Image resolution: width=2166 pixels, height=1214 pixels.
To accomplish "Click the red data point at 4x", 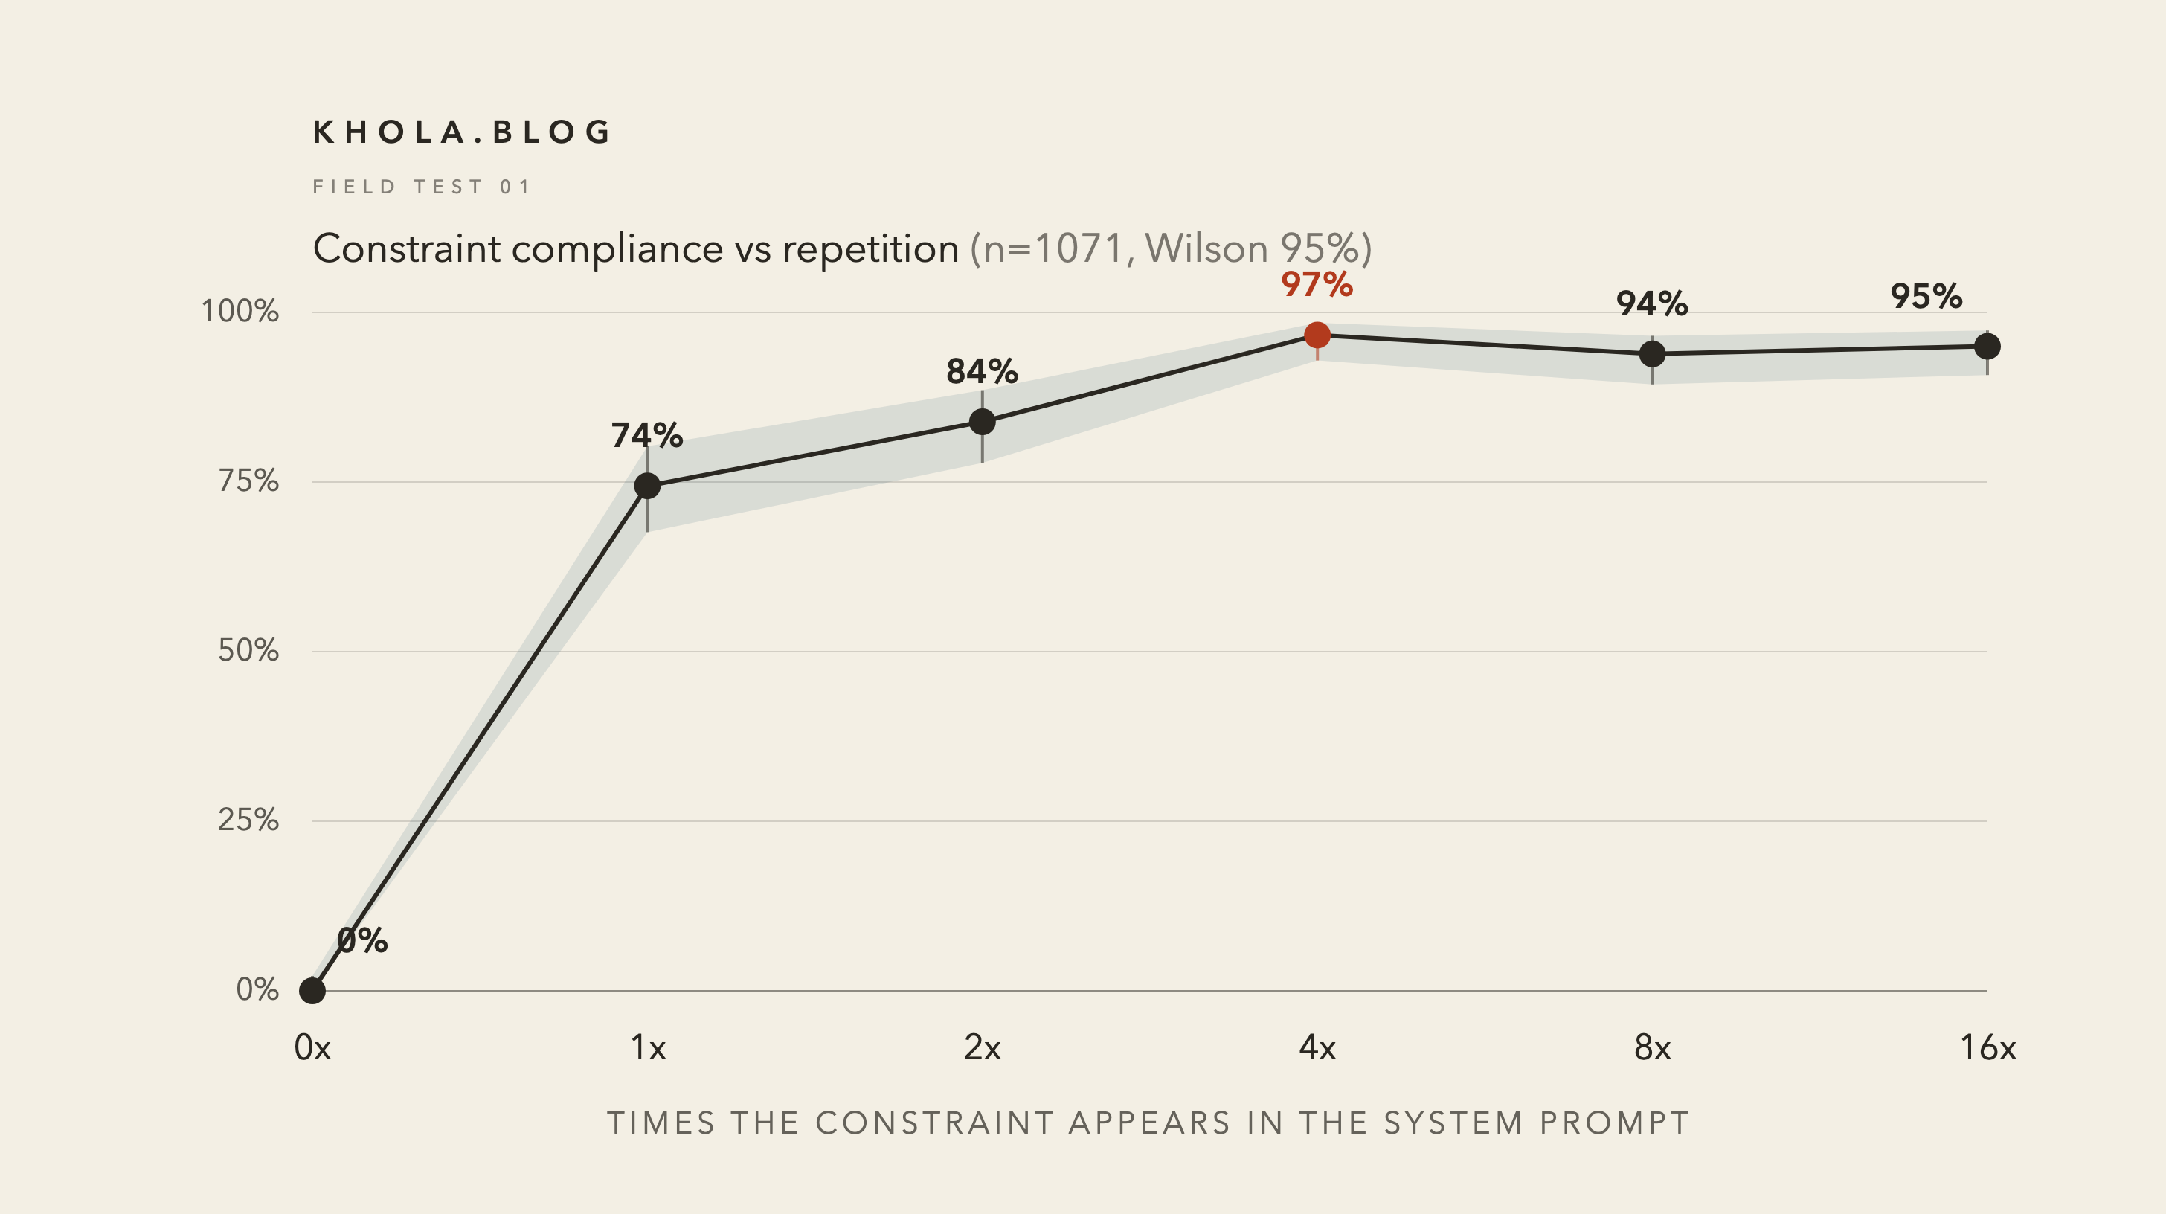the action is click(1317, 335).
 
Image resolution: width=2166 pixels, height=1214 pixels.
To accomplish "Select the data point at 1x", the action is click(646, 486).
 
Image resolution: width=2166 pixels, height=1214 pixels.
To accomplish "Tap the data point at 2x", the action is click(982, 421).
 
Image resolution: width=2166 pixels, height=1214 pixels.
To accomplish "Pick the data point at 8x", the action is click(1652, 354).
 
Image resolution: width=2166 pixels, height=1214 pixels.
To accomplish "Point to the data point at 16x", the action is click(1987, 347).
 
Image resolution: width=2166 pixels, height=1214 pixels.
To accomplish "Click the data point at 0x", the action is click(312, 990).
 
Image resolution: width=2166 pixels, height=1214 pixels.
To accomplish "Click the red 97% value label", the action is click(1317, 284).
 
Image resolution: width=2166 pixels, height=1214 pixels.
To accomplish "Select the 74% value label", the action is click(646, 435).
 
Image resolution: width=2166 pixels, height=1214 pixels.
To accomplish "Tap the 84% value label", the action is click(982, 370).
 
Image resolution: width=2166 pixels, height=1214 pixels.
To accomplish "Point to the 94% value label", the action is click(1652, 303).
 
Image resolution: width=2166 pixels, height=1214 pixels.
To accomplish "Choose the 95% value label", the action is click(1926, 296).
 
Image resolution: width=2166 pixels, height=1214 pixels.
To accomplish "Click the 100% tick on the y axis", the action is click(240, 311).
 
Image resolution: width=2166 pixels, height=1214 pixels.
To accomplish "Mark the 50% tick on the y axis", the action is click(248, 650).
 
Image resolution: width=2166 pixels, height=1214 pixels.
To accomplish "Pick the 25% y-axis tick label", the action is click(248, 820).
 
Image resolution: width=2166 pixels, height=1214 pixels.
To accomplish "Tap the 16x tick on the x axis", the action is click(1987, 1047).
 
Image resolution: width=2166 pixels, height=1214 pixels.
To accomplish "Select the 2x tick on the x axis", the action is click(982, 1047).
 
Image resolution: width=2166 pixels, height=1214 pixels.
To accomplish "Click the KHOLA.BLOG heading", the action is click(462, 132).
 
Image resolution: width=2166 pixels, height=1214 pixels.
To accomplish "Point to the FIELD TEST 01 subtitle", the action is click(421, 187).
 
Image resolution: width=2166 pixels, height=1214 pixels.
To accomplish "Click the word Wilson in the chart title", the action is click(1206, 249).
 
